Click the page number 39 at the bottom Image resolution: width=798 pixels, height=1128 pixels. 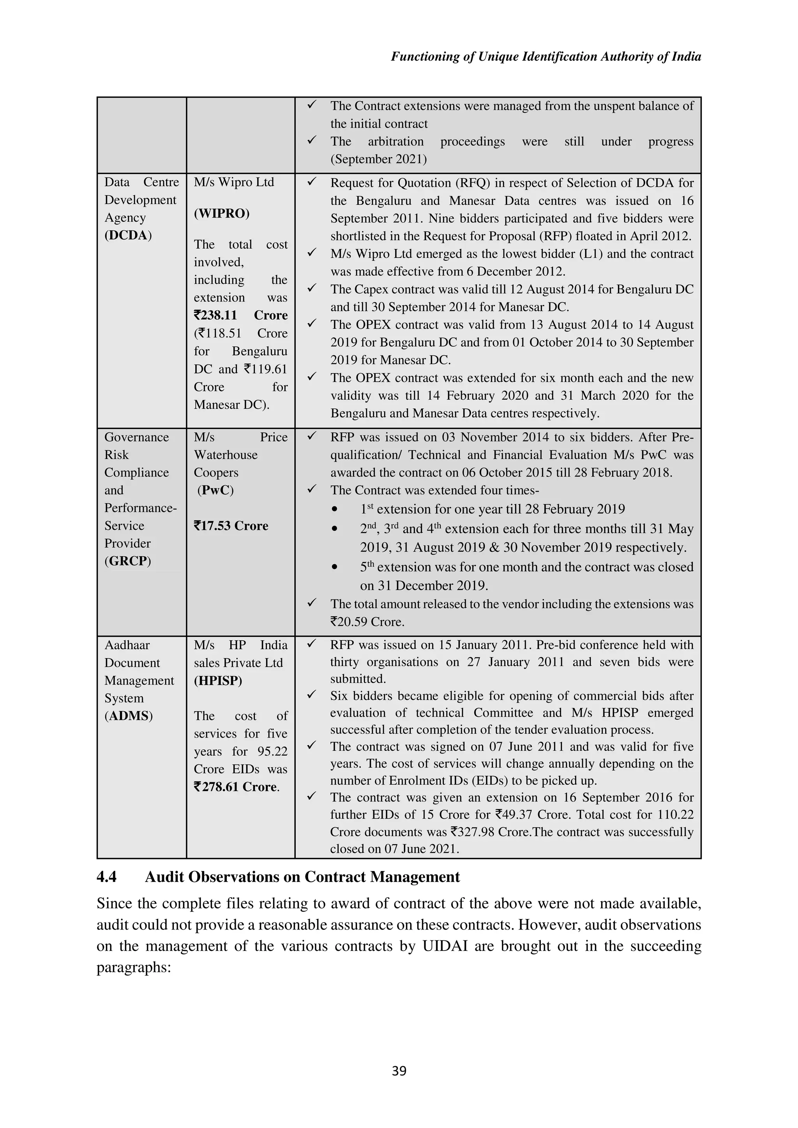click(x=399, y=1070)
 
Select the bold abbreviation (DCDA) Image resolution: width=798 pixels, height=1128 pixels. click(x=128, y=235)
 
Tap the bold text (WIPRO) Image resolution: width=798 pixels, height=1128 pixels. click(x=222, y=213)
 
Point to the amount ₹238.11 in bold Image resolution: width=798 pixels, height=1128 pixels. click(x=215, y=315)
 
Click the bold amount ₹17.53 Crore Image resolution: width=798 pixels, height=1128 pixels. click(x=231, y=526)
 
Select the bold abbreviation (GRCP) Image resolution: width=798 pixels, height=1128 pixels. click(x=128, y=561)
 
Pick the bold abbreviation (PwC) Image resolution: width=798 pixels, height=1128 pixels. click(x=215, y=490)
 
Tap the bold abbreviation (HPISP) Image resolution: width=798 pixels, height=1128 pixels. click(x=218, y=680)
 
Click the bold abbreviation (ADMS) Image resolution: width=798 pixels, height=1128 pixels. click(x=129, y=716)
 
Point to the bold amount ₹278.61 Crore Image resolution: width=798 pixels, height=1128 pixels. click(x=236, y=787)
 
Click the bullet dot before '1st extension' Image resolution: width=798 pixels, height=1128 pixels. click(x=335, y=510)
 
